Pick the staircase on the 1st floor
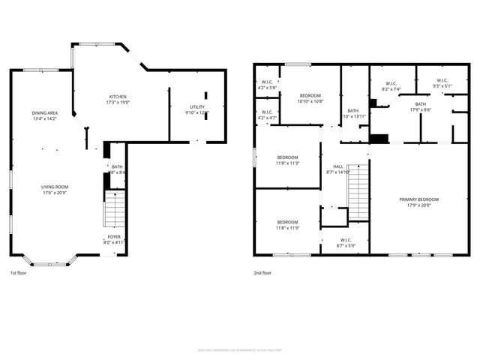[114, 209]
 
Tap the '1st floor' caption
[20, 273]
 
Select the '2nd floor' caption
[262, 273]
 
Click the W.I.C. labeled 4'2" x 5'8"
[267, 84]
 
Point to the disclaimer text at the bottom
[240, 349]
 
